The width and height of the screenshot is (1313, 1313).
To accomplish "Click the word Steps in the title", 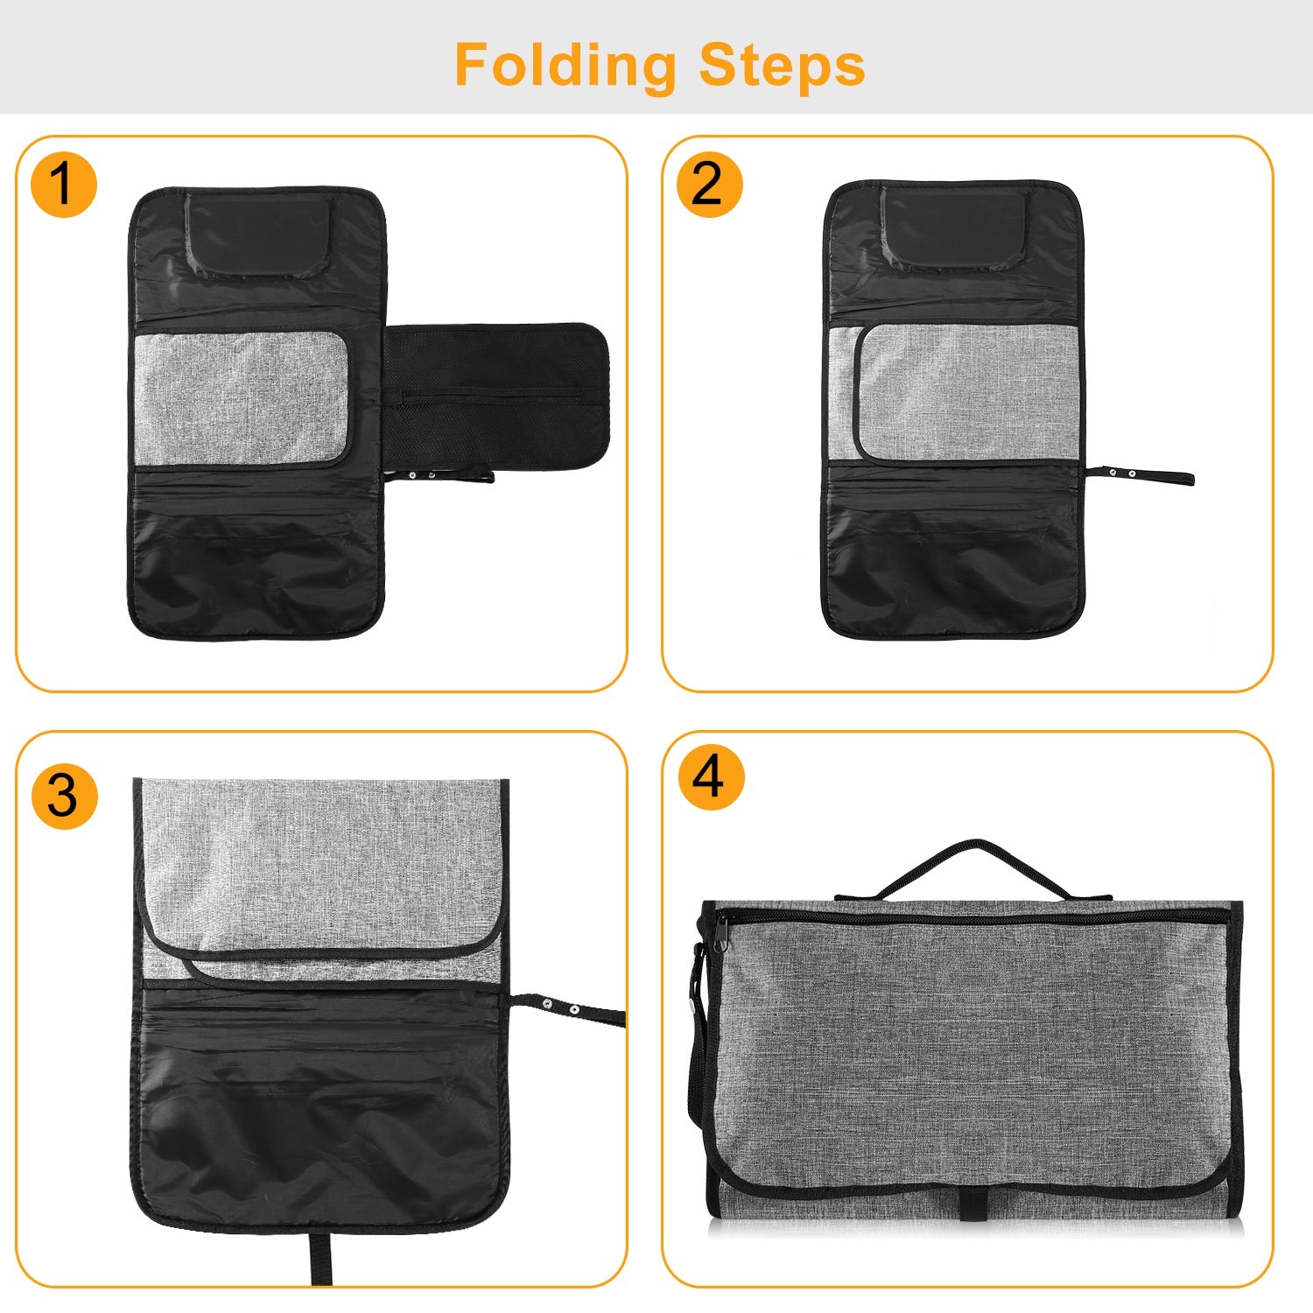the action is click(782, 65).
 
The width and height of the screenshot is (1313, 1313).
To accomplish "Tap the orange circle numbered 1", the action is click(63, 185).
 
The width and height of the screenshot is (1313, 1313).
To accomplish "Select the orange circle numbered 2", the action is click(709, 185).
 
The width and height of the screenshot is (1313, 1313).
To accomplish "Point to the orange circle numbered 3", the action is click(64, 796).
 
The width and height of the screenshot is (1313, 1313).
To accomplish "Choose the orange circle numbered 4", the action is click(711, 777).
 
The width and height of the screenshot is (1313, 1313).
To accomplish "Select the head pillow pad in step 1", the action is click(261, 235).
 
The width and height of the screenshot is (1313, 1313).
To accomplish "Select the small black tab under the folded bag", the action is click(971, 1205).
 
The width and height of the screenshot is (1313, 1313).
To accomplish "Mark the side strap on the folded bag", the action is click(699, 1033).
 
